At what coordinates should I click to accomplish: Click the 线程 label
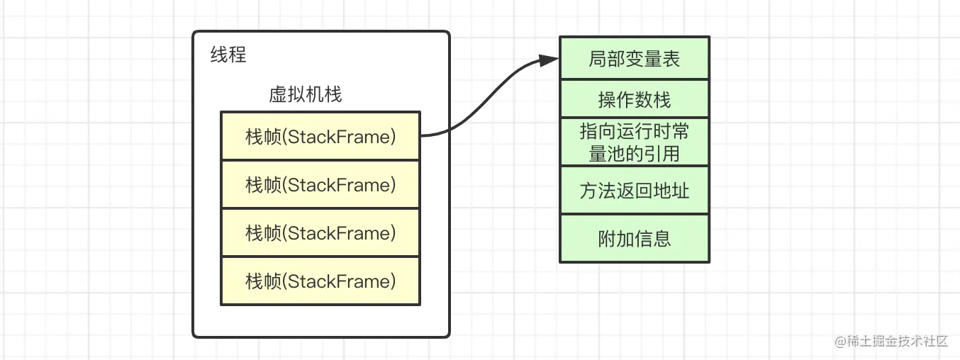click(228, 55)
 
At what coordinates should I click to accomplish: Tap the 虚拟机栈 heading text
click(305, 94)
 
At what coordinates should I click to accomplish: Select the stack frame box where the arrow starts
click(320, 136)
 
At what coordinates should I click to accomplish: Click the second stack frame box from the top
click(320, 185)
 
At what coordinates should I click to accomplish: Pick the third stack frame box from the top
click(320, 233)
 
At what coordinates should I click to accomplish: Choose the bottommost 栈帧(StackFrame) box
click(320, 281)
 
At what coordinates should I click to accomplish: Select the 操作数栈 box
click(634, 99)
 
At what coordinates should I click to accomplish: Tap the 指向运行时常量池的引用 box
click(634, 142)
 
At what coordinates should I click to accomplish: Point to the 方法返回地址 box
click(634, 191)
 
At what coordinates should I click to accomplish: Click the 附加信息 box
click(634, 239)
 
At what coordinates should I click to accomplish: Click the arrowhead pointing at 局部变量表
click(549, 60)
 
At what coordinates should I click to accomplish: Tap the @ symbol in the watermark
click(841, 342)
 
